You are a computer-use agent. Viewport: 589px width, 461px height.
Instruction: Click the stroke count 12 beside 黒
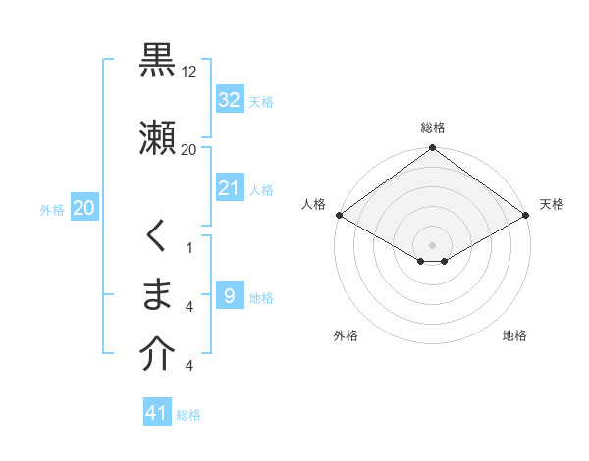189,71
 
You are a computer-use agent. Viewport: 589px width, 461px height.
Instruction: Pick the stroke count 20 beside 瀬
189,149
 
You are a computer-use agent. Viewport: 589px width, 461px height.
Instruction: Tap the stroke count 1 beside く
189,247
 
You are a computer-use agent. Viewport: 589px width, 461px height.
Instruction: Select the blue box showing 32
230,100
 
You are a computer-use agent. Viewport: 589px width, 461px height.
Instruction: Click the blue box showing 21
230,188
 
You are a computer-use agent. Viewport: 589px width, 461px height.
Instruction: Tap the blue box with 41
157,413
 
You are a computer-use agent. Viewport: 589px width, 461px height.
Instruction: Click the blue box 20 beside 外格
83,208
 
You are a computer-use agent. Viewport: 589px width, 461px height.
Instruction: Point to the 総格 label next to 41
188,415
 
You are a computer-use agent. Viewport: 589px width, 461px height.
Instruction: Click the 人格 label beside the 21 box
261,189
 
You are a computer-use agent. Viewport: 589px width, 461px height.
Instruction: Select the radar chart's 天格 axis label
552,204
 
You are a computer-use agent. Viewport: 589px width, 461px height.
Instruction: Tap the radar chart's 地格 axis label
514,335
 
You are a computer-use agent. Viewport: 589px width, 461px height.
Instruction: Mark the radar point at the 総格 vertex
433,149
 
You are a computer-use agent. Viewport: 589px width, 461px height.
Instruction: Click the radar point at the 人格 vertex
338,215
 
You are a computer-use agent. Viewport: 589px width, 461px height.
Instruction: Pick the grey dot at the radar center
433,244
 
